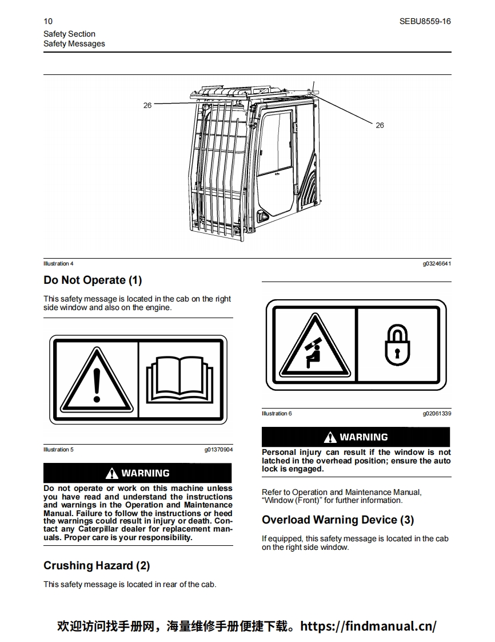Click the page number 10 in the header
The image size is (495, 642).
pos(47,21)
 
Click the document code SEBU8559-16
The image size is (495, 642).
pos(425,21)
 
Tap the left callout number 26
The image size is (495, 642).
pos(147,105)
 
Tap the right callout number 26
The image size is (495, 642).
pos(380,125)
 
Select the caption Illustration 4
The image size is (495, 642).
pos(58,264)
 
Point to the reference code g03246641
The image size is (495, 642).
pos(437,264)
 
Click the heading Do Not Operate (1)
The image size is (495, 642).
pos(93,280)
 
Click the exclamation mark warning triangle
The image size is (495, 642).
pos(97,380)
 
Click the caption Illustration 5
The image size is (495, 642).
pos(58,450)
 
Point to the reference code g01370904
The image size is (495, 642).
pos(218,450)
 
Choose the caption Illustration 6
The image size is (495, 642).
pos(277,414)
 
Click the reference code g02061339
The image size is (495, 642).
pos(437,414)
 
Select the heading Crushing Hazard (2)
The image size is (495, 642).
pos(97,565)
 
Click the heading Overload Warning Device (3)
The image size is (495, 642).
pos(338,520)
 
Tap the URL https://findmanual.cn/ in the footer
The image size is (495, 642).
pos(368,625)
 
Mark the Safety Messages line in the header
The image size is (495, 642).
pos(74,43)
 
